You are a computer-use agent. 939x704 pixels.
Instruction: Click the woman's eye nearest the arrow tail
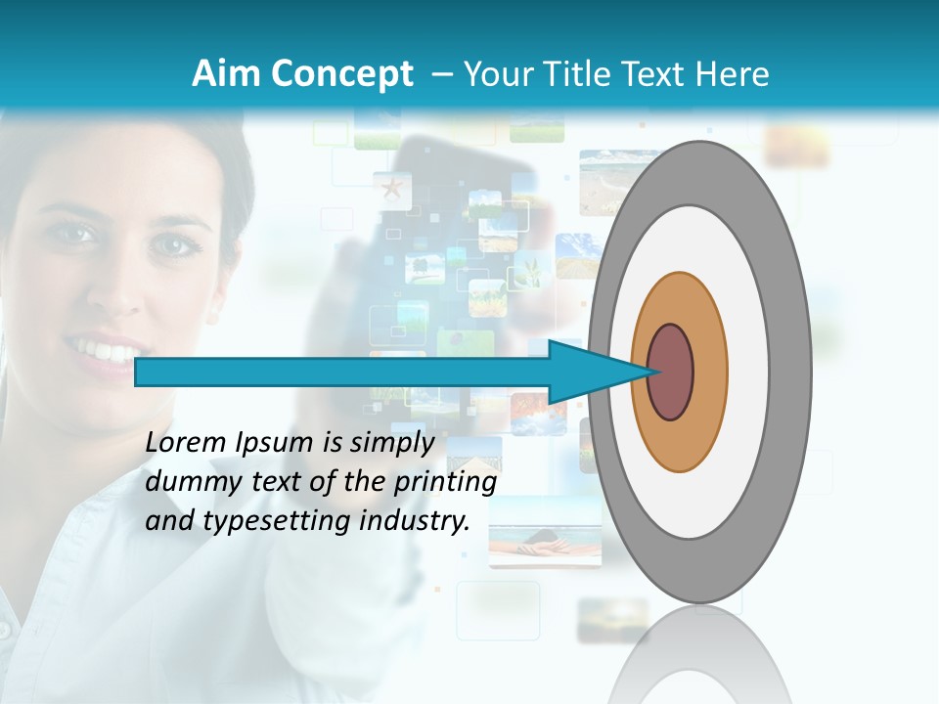[176, 243]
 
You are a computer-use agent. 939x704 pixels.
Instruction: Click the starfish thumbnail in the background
[392, 189]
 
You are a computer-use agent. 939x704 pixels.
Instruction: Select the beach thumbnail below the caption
[544, 534]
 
